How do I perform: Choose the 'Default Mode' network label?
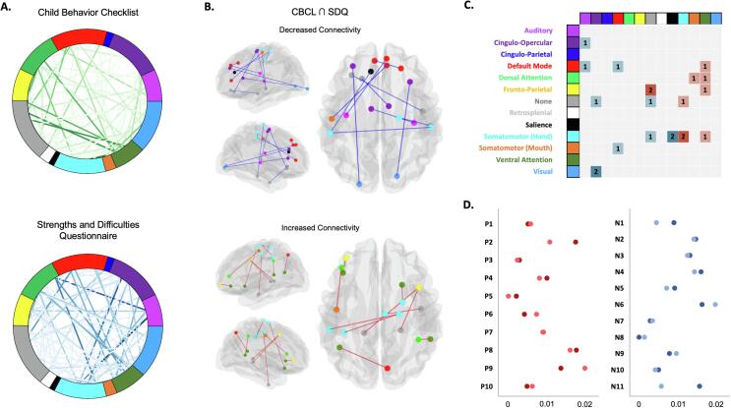pyautogui.click(x=536, y=66)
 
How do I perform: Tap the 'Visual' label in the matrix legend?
pyautogui.click(x=550, y=170)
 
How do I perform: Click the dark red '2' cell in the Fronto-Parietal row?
pyautogui.click(x=650, y=89)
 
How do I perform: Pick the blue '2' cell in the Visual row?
pyautogui.click(x=596, y=170)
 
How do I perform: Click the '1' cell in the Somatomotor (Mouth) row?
pyautogui.click(x=617, y=147)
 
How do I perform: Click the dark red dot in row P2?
pyautogui.click(x=576, y=241)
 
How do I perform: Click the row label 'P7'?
pyautogui.click(x=489, y=332)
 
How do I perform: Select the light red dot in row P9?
pyautogui.click(x=585, y=369)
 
